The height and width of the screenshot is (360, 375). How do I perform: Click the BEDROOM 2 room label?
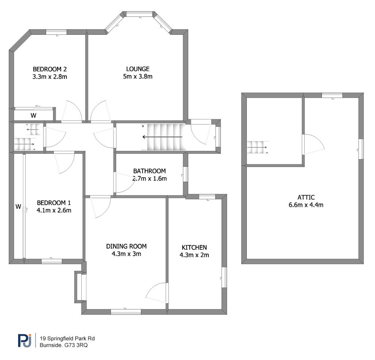(50, 69)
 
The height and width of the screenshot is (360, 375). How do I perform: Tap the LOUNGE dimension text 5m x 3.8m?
(138, 77)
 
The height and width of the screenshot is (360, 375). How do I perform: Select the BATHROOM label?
(149, 171)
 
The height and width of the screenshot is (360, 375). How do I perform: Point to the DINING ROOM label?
(126, 246)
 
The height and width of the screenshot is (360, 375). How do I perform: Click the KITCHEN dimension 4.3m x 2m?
(194, 255)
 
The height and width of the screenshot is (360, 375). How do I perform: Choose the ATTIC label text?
(306, 197)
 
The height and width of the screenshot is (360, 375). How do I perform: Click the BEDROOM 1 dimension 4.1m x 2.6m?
(54, 211)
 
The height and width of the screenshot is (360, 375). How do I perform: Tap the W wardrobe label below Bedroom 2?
(33, 115)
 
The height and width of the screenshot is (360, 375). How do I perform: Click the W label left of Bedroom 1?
(18, 207)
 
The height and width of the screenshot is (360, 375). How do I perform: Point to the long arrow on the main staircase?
(162, 137)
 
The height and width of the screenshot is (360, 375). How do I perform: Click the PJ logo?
(25, 340)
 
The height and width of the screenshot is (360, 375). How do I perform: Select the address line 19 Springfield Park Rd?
(67, 338)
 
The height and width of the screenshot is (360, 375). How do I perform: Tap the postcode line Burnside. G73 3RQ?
(64, 345)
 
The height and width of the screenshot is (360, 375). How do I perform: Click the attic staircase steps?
(257, 147)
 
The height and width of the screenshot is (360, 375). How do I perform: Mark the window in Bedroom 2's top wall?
(56, 32)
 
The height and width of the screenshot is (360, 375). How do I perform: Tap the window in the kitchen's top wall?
(207, 197)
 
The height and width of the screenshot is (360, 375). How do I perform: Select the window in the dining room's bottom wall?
(126, 312)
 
